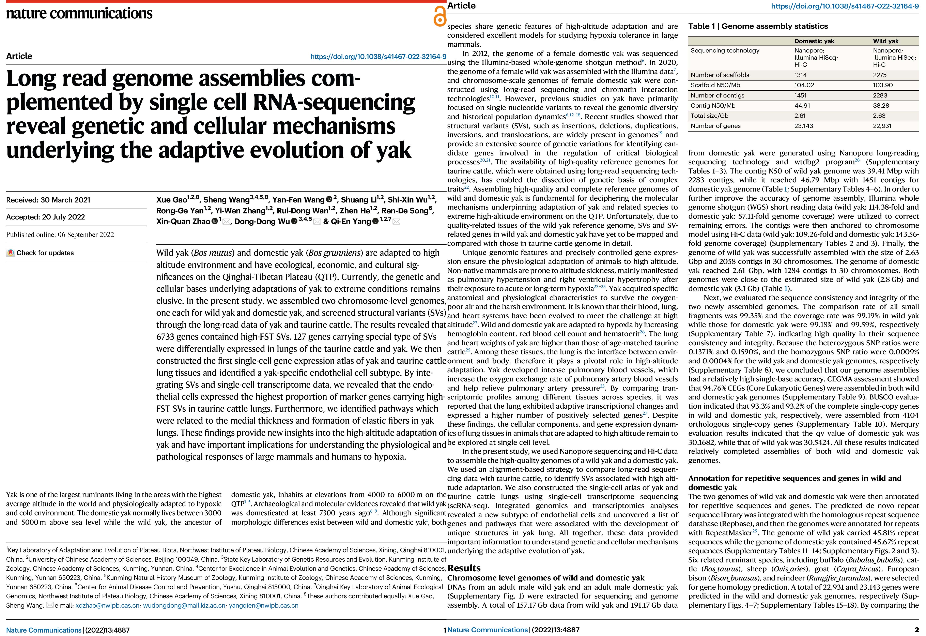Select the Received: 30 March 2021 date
(48, 200)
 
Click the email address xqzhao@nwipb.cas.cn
(108, 605)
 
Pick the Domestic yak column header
(814, 41)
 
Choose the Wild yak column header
(885, 41)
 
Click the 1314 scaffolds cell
(801, 75)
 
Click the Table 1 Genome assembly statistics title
(758, 26)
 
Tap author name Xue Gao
(171, 200)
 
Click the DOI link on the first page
(378, 57)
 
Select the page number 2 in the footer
(916, 630)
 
